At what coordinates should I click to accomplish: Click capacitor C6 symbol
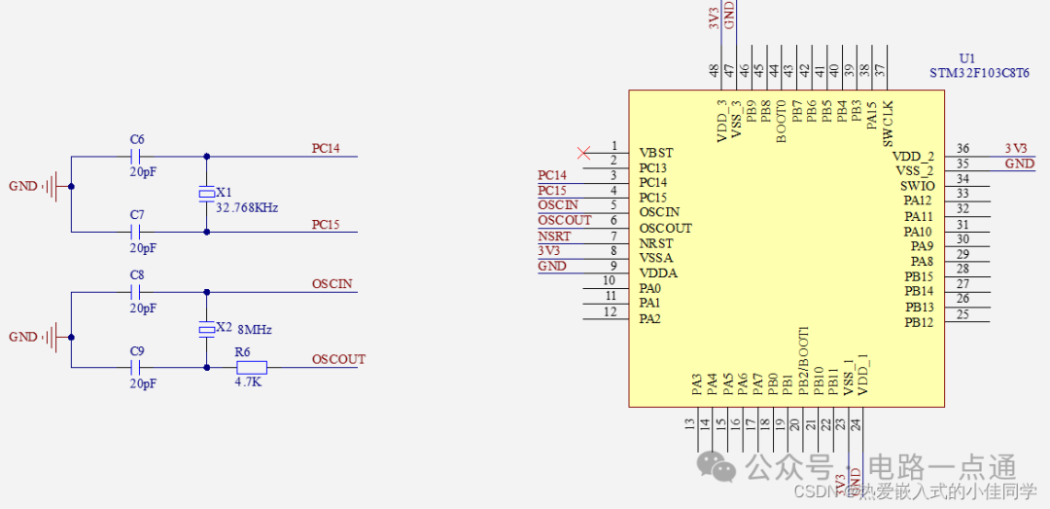click(x=137, y=156)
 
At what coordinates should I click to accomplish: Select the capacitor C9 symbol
click(x=137, y=368)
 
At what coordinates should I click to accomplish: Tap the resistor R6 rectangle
click(x=252, y=368)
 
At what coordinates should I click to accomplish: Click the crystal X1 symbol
click(x=206, y=194)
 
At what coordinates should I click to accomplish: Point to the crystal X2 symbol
click(x=206, y=330)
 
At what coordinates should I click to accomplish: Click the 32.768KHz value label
click(x=247, y=208)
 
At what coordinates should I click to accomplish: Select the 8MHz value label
click(x=255, y=330)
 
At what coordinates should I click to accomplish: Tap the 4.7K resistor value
click(x=248, y=382)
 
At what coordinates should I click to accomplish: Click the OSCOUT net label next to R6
click(x=338, y=359)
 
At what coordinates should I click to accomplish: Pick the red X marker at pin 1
click(x=583, y=152)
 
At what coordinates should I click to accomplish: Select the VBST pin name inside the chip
click(x=656, y=153)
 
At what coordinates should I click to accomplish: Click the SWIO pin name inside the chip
click(x=917, y=186)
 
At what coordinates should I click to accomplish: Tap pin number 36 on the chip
click(x=962, y=149)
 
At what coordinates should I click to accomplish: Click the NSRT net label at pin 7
click(x=554, y=236)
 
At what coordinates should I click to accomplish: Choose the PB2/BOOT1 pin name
click(x=803, y=360)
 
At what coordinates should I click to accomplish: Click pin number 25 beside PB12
click(x=962, y=313)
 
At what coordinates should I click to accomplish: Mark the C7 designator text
click(x=137, y=215)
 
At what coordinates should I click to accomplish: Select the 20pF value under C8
click(x=143, y=308)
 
